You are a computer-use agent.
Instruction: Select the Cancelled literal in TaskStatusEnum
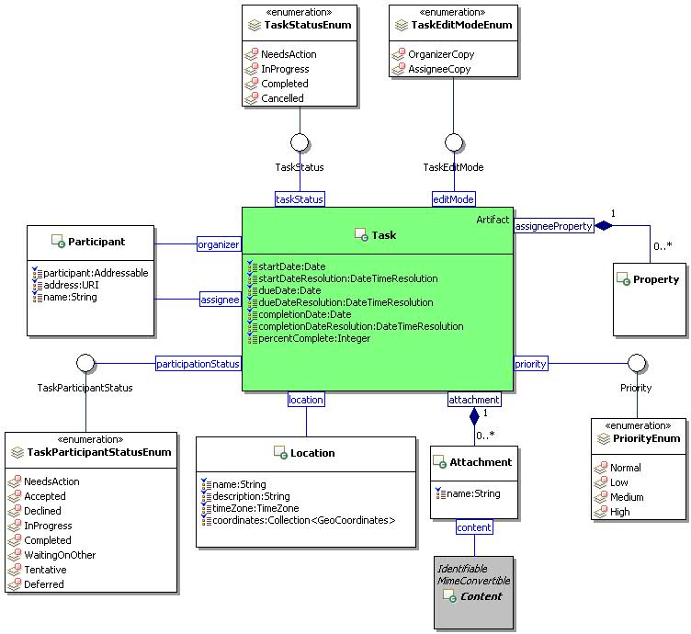click(x=282, y=98)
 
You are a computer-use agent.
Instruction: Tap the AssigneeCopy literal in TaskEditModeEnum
click(x=440, y=69)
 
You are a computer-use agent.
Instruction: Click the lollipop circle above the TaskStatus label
click(x=300, y=142)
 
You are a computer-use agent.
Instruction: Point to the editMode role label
click(x=453, y=198)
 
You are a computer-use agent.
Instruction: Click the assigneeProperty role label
click(x=553, y=225)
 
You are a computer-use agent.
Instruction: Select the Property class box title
click(x=656, y=279)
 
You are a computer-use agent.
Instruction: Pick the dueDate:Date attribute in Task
click(x=286, y=289)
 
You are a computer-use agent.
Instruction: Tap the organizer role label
click(x=219, y=244)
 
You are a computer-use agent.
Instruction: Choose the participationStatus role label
click(x=198, y=364)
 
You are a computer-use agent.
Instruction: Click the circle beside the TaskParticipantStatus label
click(x=85, y=363)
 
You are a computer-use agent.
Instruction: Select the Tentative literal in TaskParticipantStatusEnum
click(x=45, y=570)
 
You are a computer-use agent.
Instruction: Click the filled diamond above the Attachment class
click(x=474, y=415)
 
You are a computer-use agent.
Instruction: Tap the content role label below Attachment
click(x=474, y=526)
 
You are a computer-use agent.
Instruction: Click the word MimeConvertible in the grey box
click(x=473, y=581)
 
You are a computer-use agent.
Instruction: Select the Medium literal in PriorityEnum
click(x=627, y=497)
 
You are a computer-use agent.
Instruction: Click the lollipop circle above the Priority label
click(x=636, y=363)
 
